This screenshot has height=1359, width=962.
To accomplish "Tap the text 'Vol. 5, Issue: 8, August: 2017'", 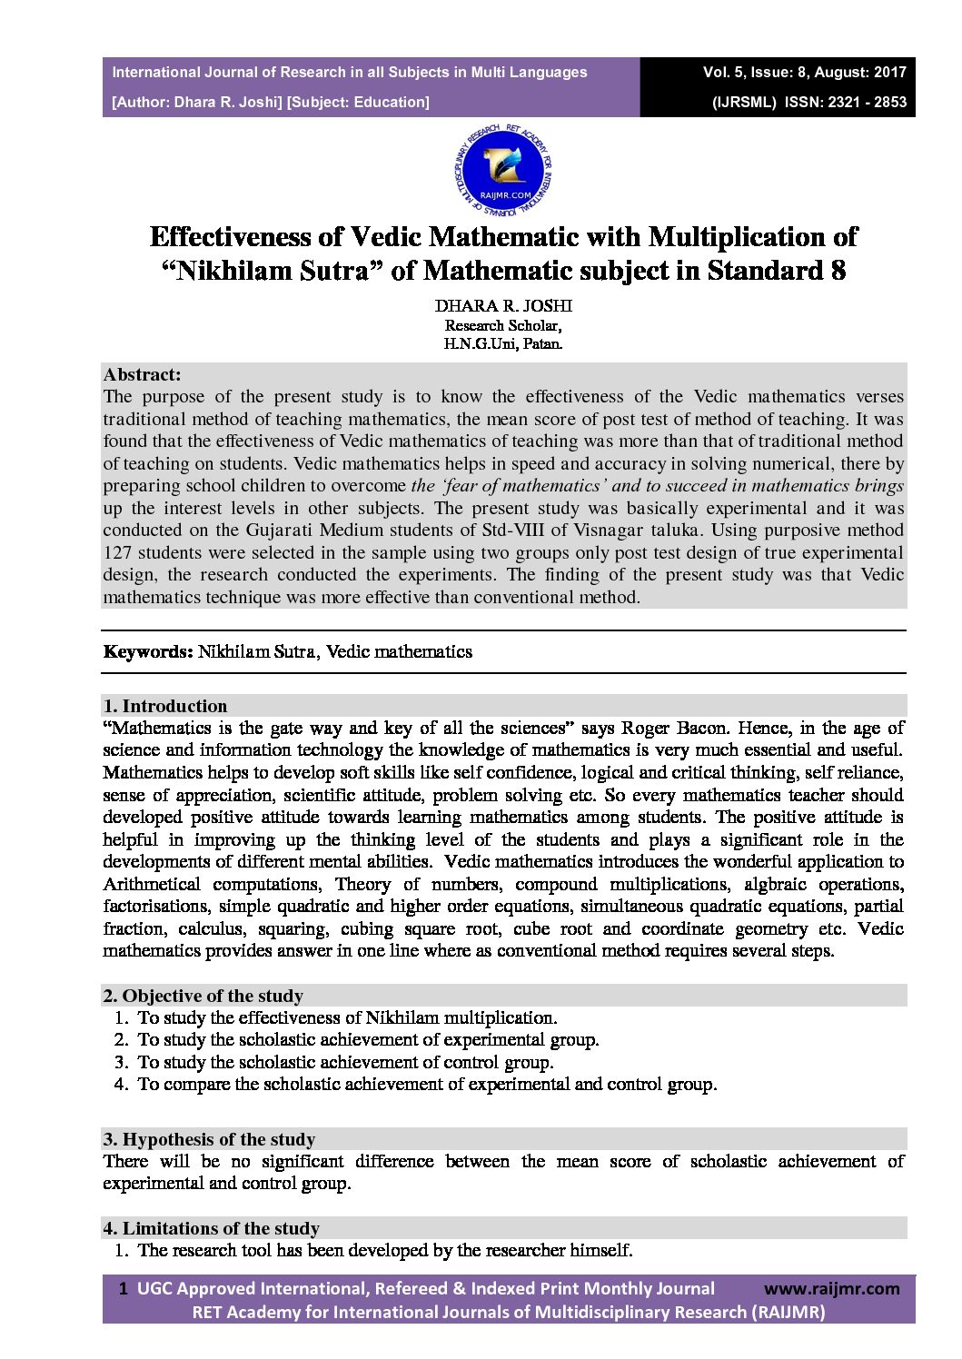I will point(804,72).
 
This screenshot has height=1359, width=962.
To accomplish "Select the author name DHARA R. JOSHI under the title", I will point(503,306).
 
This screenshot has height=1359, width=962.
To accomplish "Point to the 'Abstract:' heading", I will point(142,374).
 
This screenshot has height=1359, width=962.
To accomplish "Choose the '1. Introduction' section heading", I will point(165,706).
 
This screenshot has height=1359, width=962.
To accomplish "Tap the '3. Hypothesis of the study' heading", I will point(209,1139).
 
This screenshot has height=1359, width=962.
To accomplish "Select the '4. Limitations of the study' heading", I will point(211,1228).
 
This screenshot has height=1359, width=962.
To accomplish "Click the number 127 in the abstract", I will point(117,552).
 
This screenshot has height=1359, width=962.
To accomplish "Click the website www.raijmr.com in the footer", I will point(832,1288).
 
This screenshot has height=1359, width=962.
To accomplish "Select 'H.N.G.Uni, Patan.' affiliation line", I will point(503,344).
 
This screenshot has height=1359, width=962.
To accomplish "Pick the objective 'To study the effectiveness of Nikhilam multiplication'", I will point(347,1017).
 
